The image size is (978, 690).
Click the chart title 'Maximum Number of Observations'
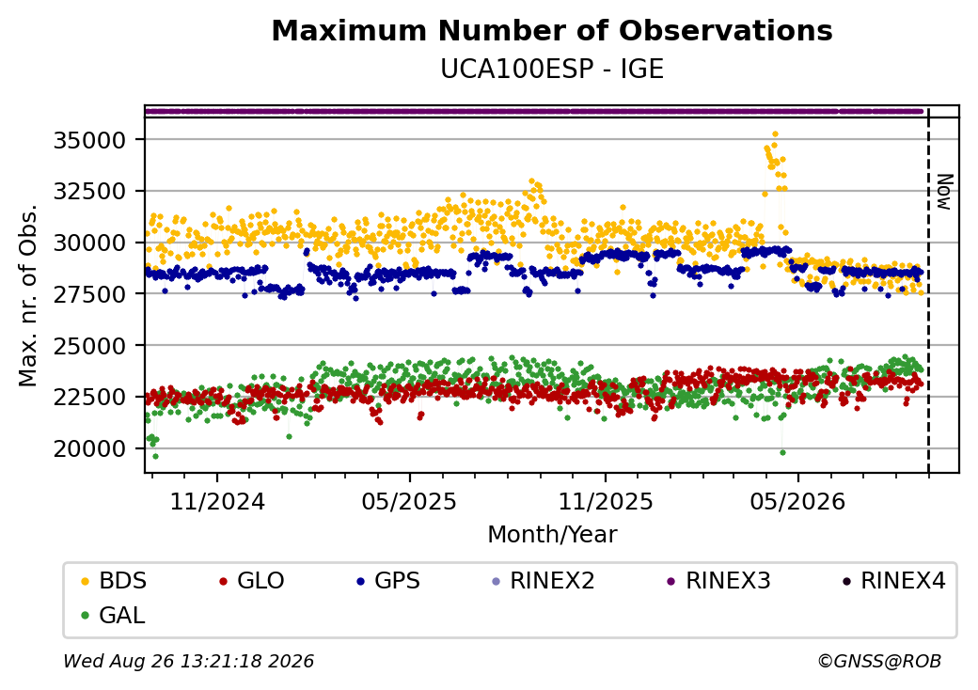(x=552, y=30)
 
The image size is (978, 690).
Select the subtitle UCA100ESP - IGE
(x=552, y=69)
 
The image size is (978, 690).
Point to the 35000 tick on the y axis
(x=90, y=140)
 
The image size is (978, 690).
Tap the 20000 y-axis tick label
(x=90, y=448)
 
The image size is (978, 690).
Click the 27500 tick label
(x=90, y=294)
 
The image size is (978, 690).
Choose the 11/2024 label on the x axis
(x=217, y=501)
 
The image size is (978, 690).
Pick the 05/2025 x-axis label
(x=409, y=501)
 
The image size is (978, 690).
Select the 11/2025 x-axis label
(x=605, y=501)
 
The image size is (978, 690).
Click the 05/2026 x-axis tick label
(x=797, y=501)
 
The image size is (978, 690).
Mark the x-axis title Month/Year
(x=552, y=534)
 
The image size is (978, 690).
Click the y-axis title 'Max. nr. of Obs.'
(x=28, y=295)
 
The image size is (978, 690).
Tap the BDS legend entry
(x=114, y=581)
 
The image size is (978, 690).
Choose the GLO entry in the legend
(x=252, y=581)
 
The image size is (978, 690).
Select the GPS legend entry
(x=388, y=581)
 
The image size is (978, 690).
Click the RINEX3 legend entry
(x=718, y=581)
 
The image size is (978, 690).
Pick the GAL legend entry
(x=114, y=616)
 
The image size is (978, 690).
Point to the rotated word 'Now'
(x=945, y=192)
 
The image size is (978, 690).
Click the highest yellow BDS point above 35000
(x=775, y=134)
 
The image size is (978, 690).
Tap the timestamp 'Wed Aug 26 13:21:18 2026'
(x=189, y=661)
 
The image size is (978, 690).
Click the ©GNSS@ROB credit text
(x=879, y=661)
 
